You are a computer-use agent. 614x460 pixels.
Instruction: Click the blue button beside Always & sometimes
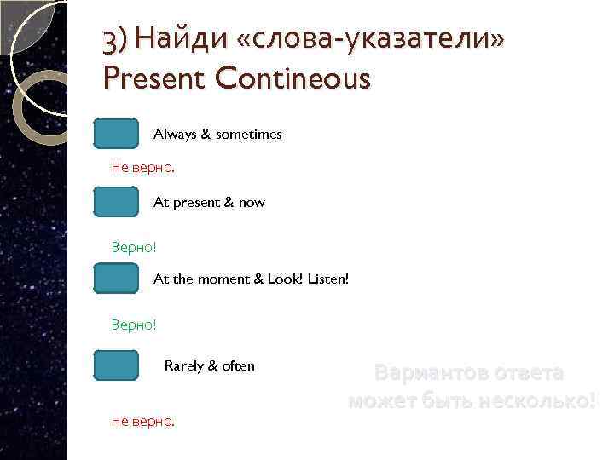click(x=116, y=135)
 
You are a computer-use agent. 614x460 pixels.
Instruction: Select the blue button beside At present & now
click(x=116, y=203)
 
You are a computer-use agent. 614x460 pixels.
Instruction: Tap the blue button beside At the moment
click(x=116, y=279)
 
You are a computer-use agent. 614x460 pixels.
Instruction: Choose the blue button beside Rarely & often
click(x=116, y=365)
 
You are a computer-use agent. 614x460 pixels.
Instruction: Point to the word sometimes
click(x=249, y=135)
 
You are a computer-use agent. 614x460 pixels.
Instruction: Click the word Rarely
click(x=184, y=365)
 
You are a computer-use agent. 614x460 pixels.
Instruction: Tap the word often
click(x=239, y=365)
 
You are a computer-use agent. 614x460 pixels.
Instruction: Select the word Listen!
click(x=329, y=279)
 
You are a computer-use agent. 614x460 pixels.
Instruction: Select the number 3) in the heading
click(x=113, y=38)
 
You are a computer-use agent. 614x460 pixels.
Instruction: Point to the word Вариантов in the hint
click(x=432, y=372)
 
